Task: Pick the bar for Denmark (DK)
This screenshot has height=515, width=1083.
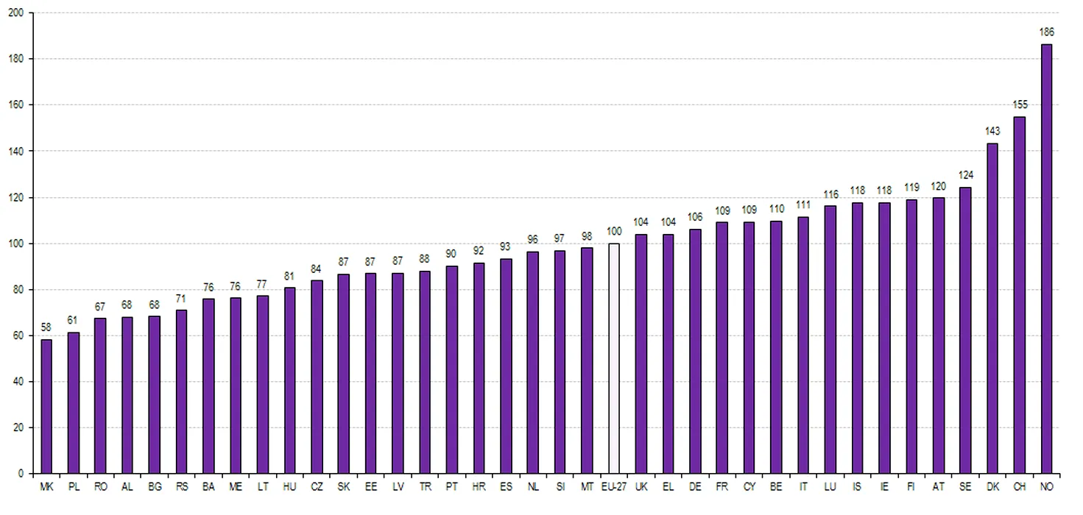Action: (x=992, y=308)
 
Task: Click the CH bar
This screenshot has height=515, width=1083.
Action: (x=1020, y=294)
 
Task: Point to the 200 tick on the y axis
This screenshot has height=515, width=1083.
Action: (x=15, y=13)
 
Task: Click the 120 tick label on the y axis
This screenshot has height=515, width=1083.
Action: (x=15, y=197)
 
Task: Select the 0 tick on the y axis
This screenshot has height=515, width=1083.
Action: (x=21, y=474)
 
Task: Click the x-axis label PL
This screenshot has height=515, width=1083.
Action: (x=74, y=487)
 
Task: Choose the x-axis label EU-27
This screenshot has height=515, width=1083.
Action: (x=614, y=487)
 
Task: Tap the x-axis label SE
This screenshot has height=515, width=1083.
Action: (x=965, y=487)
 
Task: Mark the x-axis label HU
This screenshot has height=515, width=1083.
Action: (x=290, y=487)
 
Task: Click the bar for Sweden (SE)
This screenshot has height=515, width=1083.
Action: (x=965, y=330)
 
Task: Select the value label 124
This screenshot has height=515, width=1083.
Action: (x=965, y=177)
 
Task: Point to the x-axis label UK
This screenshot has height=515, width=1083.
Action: (x=641, y=487)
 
